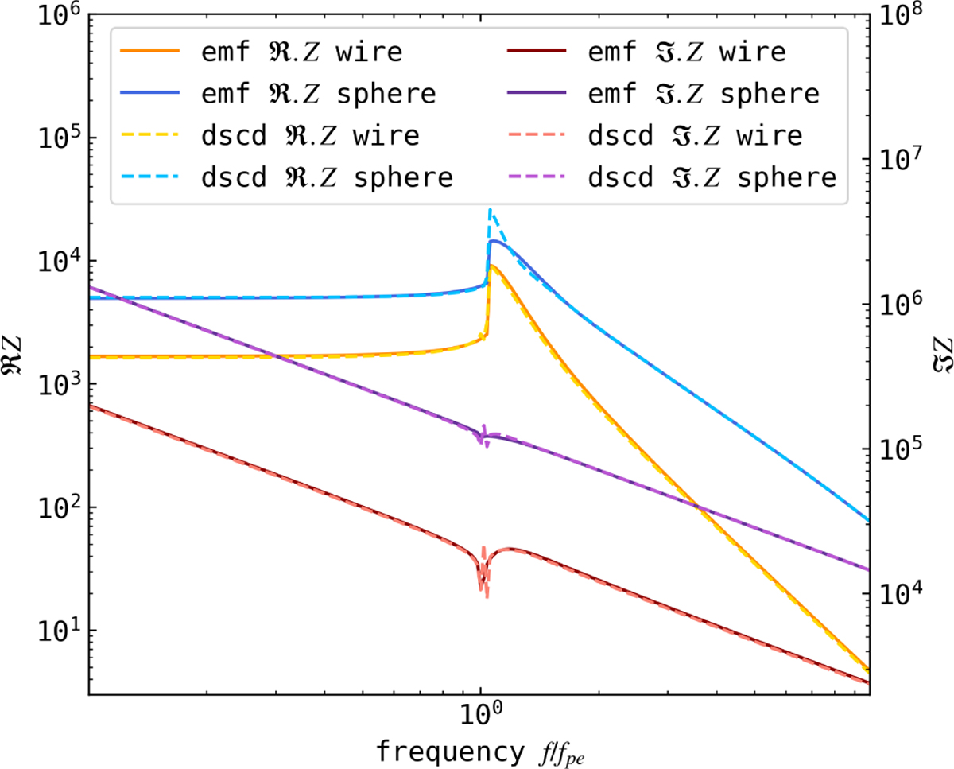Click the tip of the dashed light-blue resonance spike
pos(490,210)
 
